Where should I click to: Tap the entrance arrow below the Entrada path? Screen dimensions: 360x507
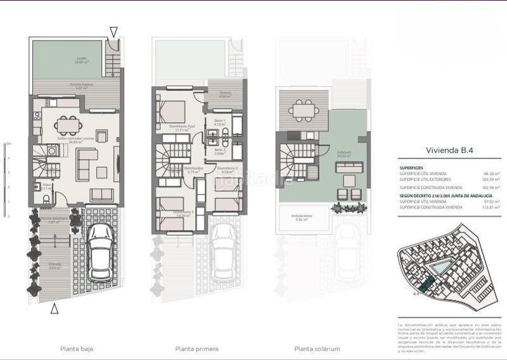(x=55, y=309)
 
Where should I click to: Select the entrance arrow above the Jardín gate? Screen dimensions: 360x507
(x=113, y=32)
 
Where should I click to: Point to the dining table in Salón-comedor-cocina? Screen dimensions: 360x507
(x=66, y=125)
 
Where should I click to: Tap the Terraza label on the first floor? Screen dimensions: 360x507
(x=225, y=95)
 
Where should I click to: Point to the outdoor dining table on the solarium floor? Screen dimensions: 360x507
(x=304, y=110)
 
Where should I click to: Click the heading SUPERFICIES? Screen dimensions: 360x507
(x=412, y=167)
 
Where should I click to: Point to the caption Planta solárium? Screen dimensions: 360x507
(x=317, y=349)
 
